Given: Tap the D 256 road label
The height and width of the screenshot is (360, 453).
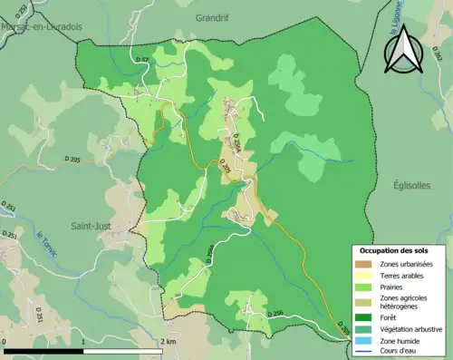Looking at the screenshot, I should click(277, 313).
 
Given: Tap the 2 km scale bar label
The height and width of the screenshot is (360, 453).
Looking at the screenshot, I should click(168, 342).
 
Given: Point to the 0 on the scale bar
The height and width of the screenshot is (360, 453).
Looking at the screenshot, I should click(5, 342).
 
